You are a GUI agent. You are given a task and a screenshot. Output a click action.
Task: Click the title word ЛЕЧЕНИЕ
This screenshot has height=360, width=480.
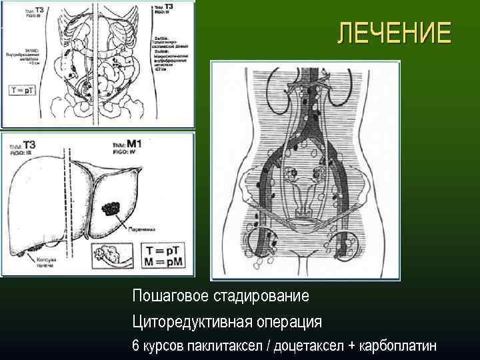coord(393,33)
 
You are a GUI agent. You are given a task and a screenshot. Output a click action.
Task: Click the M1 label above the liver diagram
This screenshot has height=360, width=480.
coord(135,143)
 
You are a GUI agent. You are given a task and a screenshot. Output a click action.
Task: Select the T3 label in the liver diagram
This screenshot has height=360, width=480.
coord(30,144)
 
